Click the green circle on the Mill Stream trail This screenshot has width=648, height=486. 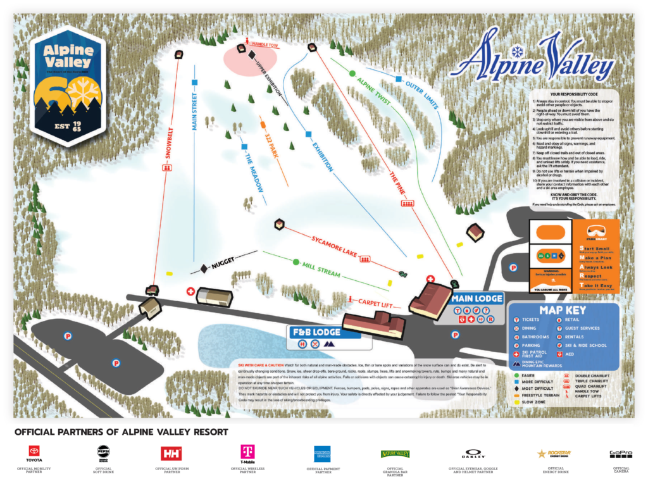pos(295,261)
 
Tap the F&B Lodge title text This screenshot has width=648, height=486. pos(316,332)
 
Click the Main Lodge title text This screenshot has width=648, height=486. pos(477,299)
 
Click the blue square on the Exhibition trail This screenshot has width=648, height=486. pos(308,134)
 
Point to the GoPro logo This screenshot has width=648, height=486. pos(621,454)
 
